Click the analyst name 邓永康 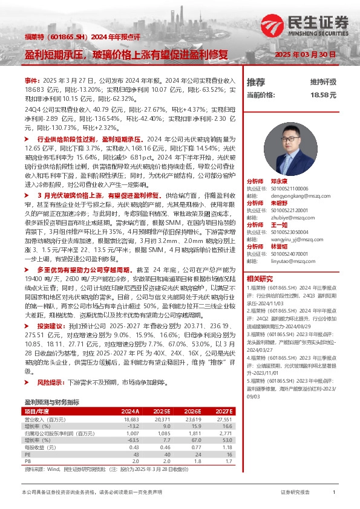[278, 181]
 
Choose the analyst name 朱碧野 [278, 203]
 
